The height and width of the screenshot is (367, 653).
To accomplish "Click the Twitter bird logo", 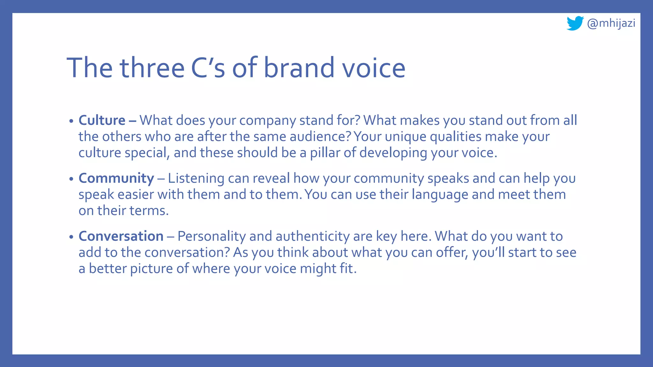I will [575, 23].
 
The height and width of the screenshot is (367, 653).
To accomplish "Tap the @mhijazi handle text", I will [611, 23].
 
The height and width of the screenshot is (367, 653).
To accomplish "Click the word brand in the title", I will [299, 68].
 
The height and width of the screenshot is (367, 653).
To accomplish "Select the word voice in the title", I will [374, 68].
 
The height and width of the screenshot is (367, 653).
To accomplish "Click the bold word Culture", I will [102, 120].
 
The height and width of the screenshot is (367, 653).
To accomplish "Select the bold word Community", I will [116, 178].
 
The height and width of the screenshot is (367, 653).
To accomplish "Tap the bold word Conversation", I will [121, 236].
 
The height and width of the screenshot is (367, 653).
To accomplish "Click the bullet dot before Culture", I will [71, 121].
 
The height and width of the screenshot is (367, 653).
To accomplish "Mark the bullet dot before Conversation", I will [71, 237].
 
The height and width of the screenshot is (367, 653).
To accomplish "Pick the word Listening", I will [196, 178].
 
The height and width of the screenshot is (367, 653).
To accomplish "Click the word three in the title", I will [152, 68].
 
